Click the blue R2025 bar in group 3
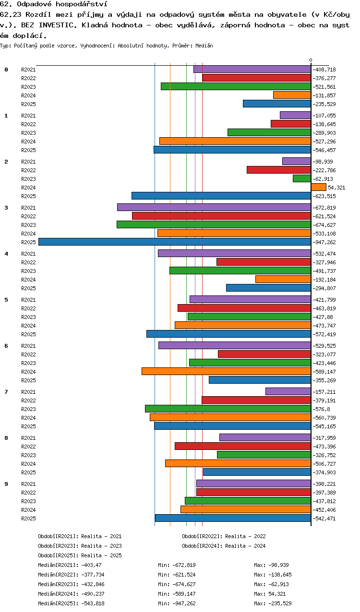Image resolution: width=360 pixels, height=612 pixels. click(x=175, y=242)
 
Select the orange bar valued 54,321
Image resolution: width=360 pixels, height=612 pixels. click(x=318, y=187)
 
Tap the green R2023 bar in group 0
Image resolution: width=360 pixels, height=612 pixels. click(x=236, y=86)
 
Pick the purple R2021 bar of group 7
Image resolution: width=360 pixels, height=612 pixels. click(x=288, y=391)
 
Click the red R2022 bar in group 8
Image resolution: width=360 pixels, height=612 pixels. click(x=243, y=446)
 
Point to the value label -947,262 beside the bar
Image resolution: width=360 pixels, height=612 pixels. click(x=324, y=242)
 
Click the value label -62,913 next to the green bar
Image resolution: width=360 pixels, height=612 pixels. click(x=323, y=179)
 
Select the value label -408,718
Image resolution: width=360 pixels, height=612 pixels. click(x=324, y=70)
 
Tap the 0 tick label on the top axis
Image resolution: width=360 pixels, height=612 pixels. click(x=311, y=60)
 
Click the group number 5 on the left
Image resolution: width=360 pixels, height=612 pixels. click(x=6, y=300)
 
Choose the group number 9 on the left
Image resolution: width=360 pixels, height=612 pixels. click(x=6, y=484)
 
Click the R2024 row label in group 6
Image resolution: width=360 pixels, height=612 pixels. click(x=28, y=372)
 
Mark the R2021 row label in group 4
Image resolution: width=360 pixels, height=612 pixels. click(x=28, y=254)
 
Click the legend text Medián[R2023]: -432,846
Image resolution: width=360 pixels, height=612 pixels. click(x=71, y=584)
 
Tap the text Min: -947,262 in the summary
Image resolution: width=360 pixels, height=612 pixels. click(x=177, y=603)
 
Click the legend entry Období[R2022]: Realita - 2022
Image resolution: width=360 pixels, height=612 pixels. click(x=224, y=536)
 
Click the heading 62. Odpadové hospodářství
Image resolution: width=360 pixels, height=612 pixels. click(x=54, y=4)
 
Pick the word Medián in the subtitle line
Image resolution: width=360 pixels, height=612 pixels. click(x=204, y=46)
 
